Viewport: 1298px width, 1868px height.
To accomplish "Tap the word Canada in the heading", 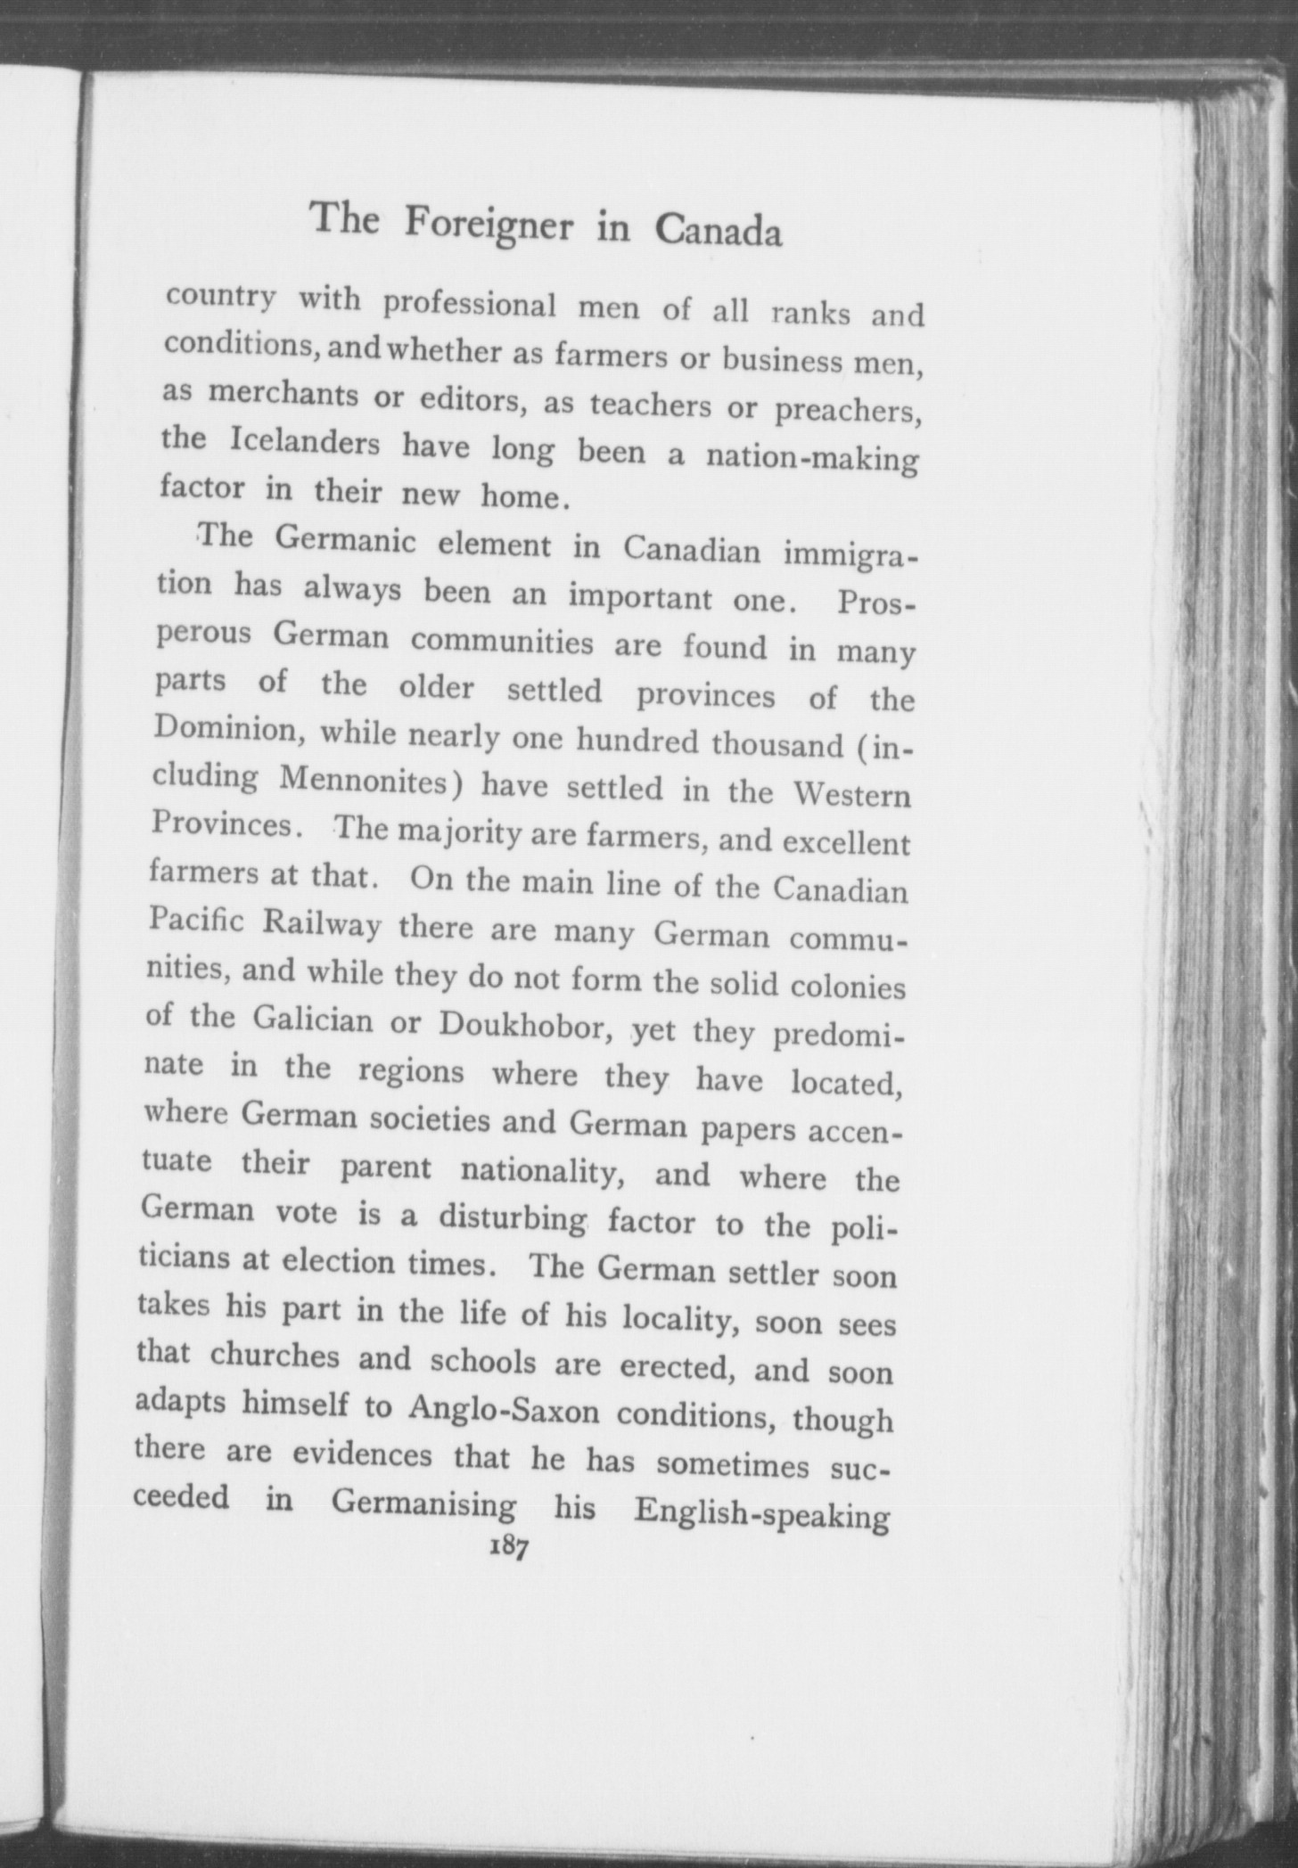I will [x=719, y=233].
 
